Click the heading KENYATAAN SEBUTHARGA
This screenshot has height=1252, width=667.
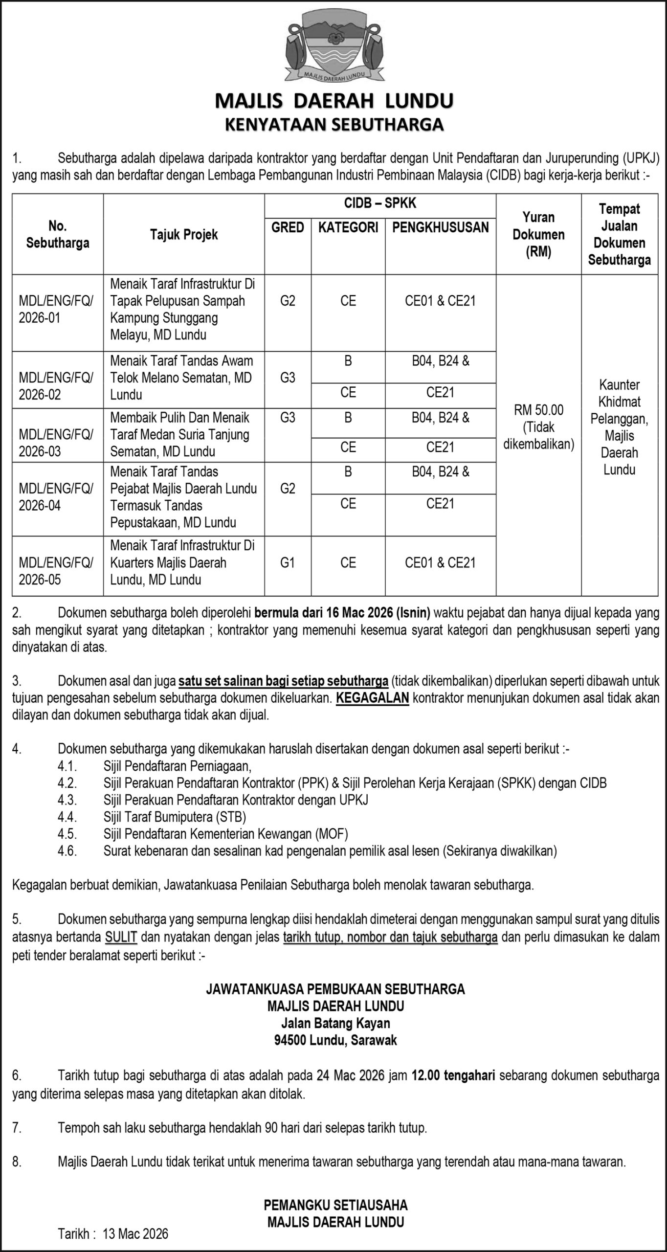coord(334,124)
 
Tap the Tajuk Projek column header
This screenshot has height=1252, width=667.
coord(184,235)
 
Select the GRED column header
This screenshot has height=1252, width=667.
coord(288,227)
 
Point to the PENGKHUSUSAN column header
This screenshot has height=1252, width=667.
coord(440,227)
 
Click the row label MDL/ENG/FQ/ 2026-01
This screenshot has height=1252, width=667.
coord(56,310)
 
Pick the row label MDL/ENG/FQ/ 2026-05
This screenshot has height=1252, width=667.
coord(56,571)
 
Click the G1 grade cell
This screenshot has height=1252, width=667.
coord(288,562)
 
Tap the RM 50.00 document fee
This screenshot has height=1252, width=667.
coord(538,410)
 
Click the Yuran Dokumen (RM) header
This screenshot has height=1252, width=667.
coord(538,235)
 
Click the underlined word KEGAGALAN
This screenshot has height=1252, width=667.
coord(372,698)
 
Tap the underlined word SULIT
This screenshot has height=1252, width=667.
coord(121,938)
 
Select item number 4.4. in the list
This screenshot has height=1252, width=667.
coord(67,816)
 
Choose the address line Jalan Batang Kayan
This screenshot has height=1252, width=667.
coord(335,1024)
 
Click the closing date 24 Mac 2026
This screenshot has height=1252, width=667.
coord(350,1075)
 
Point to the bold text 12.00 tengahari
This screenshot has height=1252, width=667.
coord(453,1075)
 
